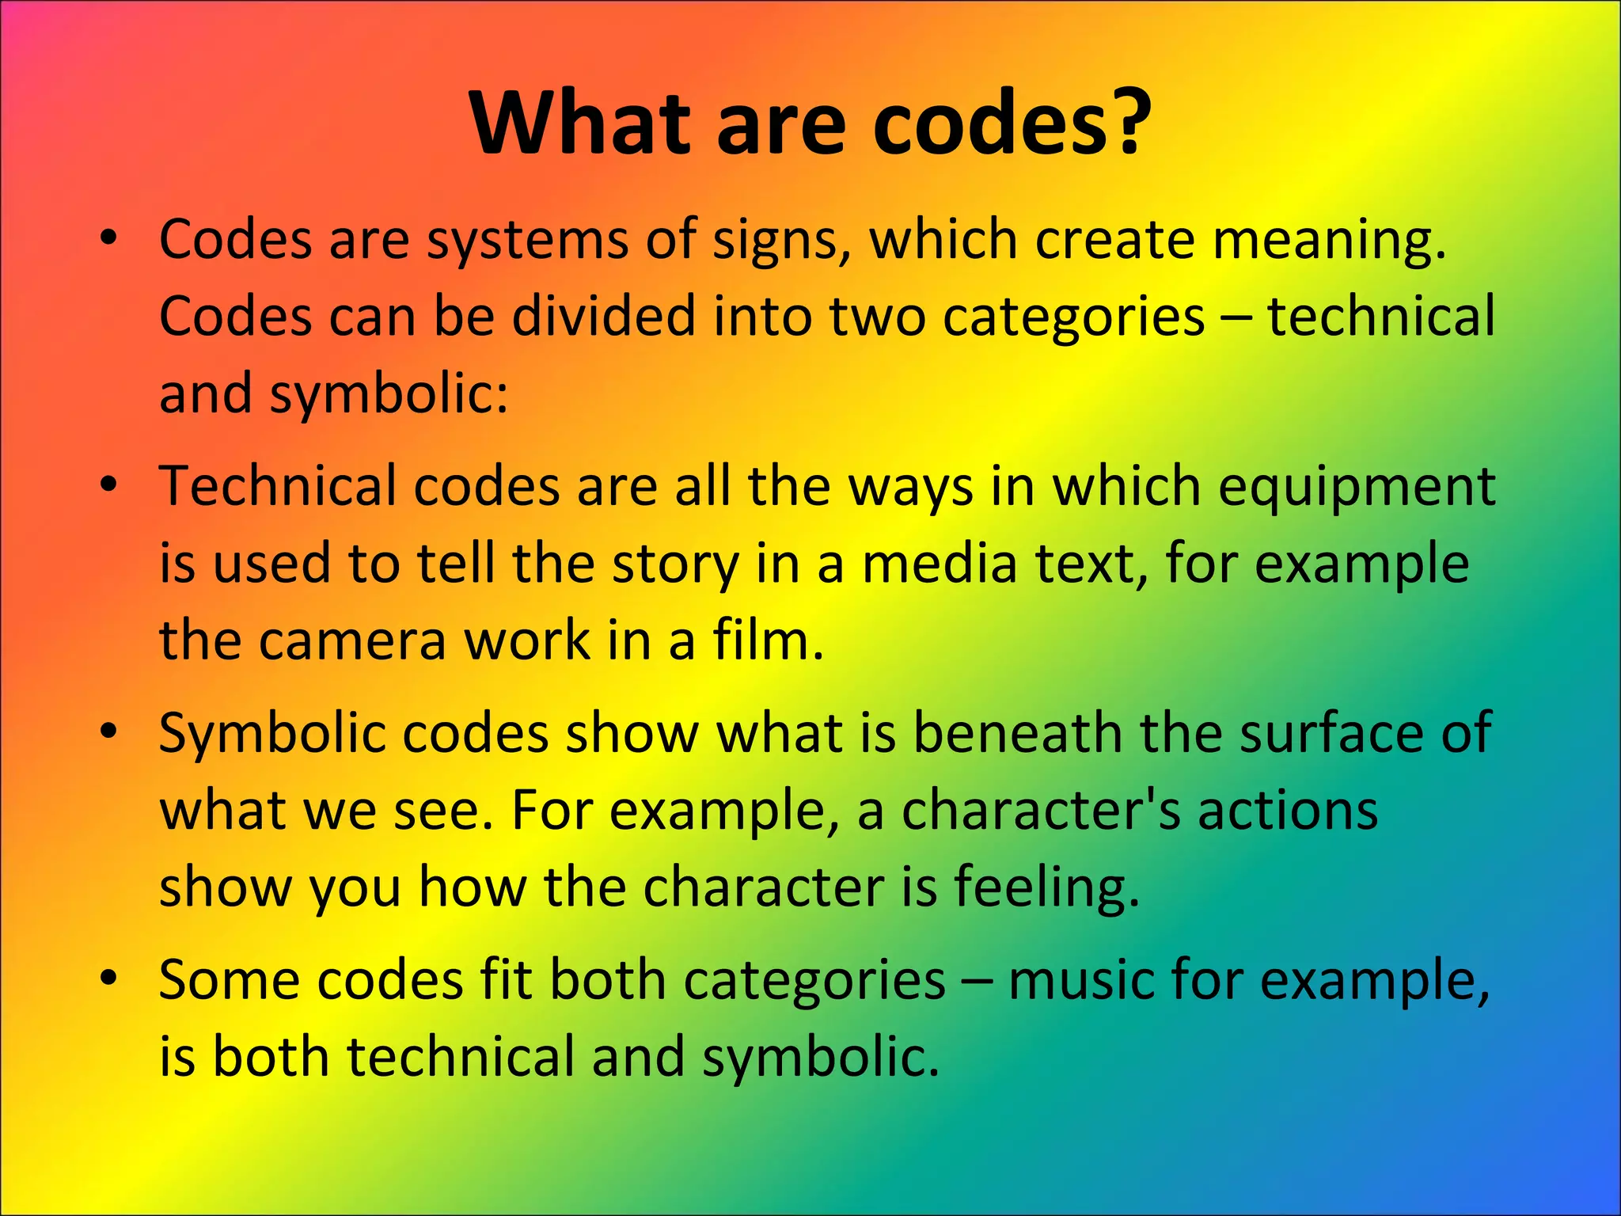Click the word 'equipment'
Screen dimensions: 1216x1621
tap(1356, 487)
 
